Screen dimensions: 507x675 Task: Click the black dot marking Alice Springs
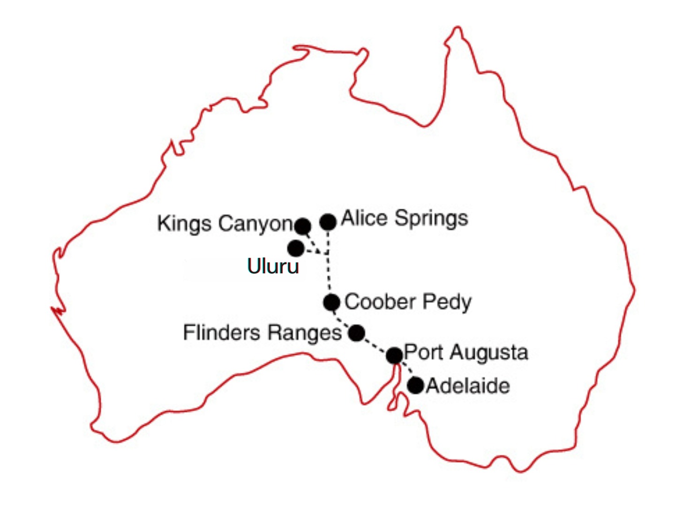(x=328, y=221)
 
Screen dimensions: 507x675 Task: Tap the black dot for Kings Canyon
(x=303, y=226)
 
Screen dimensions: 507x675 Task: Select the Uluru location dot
(x=296, y=248)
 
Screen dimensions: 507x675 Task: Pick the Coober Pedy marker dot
(x=331, y=303)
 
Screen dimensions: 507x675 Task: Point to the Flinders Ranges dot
(x=356, y=333)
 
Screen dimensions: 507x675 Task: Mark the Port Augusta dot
(x=395, y=356)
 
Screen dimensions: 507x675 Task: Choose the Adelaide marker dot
(x=415, y=385)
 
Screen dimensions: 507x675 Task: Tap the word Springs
(x=431, y=219)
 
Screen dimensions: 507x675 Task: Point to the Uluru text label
(x=273, y=266)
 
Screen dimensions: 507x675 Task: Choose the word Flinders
(x=221, y=333)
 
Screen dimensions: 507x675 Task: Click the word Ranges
(x=304, y=333)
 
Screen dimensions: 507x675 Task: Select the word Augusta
(x=489, y=352)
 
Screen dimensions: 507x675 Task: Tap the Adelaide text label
(x=467, y=386)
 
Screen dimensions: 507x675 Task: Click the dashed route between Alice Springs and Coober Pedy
(x=329, y=272)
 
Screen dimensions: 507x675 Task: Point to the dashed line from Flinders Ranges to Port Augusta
(x=375, y=345)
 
